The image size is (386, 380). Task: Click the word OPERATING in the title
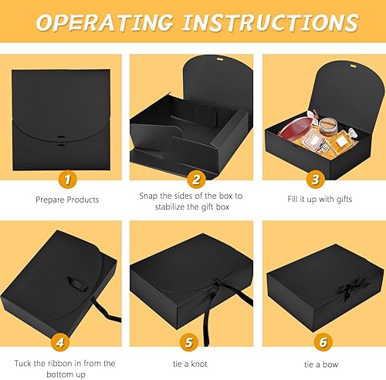point(113,23)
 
